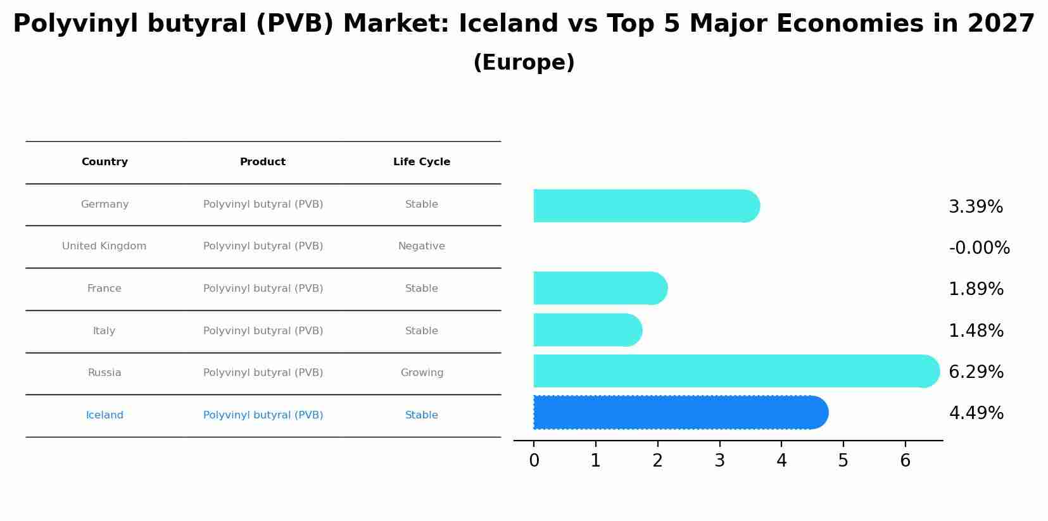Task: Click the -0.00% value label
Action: click(978, 248)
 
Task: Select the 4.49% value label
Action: click(976, 413)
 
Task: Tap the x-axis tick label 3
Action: click(719, 461)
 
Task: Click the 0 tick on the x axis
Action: click(534, 461)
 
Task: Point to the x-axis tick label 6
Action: click(905, 461)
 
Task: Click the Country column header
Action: click(104, 162)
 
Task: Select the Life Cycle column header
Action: click(422, 162)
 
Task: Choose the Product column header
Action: click(263, 162)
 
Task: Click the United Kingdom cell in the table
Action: click(104, 246)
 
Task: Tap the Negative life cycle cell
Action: click(422, 246)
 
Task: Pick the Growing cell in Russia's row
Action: click(422, 373)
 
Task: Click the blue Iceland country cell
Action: click(104, 415)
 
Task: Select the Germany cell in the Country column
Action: click(104, 204)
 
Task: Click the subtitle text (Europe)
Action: click(524, 63)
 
